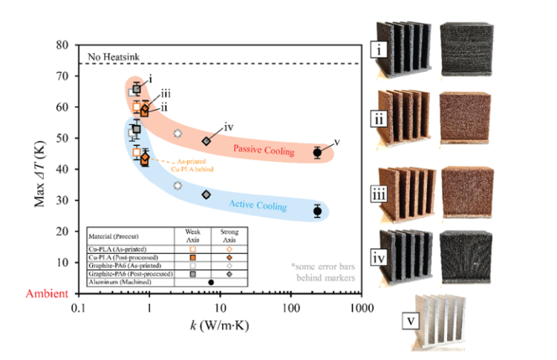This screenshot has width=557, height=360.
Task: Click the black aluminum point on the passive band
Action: [317, 152]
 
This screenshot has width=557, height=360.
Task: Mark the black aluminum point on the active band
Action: [317, 211]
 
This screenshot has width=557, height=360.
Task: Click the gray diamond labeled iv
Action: [206, 141]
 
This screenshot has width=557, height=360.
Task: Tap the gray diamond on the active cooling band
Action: [206, 194]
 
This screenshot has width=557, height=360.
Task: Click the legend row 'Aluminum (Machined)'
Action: [119, 281]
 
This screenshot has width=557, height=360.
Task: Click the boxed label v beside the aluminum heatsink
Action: [411, 321]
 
